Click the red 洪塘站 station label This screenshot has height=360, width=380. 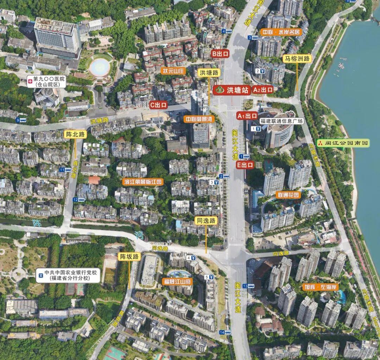point(232,90)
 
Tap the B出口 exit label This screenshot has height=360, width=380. point(220,54)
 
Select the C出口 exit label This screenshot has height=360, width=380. point(158,105)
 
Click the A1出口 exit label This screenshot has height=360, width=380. point(247,116)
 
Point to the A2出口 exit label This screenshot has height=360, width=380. point(263,90)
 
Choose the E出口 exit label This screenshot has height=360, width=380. point(245,164)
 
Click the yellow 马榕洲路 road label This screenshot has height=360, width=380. point(297,59)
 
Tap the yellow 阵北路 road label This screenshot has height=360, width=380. point(75,134)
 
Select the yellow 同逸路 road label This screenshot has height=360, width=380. point(206,221)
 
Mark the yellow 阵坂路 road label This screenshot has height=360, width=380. point(129,256)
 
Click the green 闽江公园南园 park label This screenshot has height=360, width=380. point(343,143)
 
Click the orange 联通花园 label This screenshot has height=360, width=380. point(288,195)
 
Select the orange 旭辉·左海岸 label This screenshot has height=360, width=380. point(320,287)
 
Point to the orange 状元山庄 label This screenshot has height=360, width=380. point(173,71)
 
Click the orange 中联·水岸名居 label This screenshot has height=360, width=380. point(281,32)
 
